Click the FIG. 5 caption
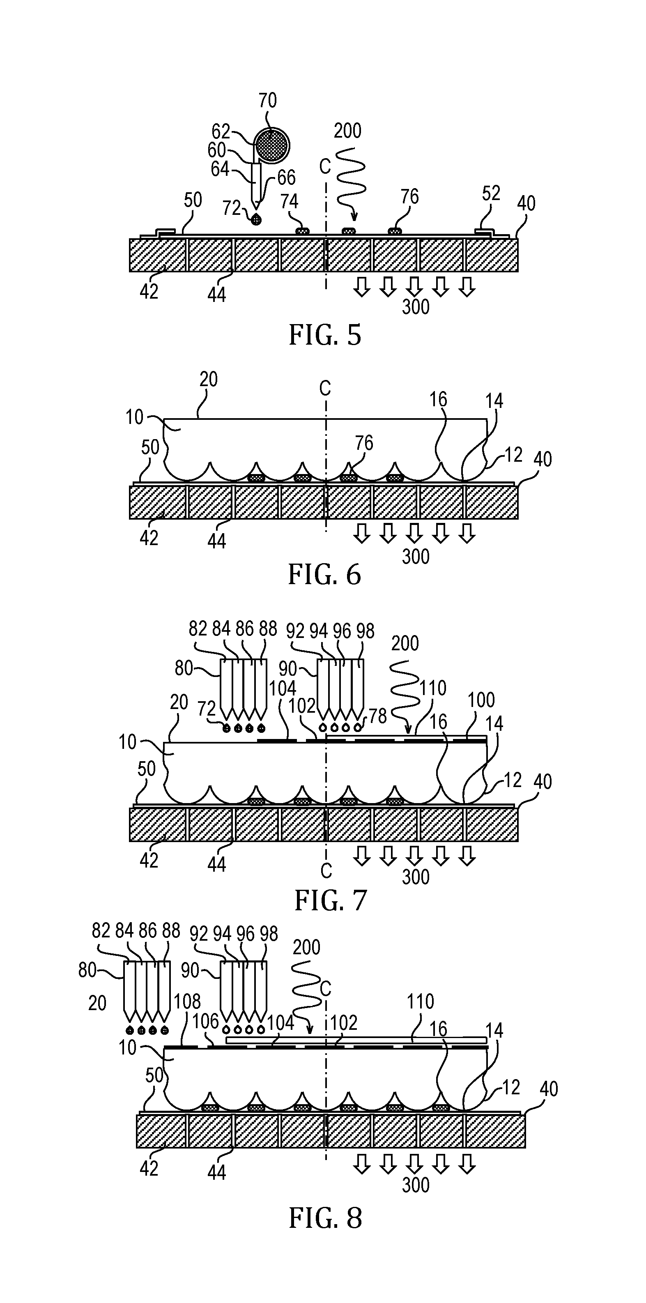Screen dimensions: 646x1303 (325, 335)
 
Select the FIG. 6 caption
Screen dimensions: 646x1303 (325, 575)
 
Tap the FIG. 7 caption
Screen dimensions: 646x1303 (331, 901)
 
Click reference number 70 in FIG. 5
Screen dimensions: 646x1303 (268, 101)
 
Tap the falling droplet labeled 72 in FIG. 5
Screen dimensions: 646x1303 (257, 219)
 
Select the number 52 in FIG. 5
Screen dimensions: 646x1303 (491, 193)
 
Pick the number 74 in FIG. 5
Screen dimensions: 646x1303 (290, 202)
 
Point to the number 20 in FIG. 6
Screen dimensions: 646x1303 (208, 380)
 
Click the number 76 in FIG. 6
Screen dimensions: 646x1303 (364, 443)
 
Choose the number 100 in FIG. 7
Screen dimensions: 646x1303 (480, 700)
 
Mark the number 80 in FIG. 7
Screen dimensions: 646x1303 (184, 668)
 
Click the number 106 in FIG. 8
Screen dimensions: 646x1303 (205, 1021)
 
